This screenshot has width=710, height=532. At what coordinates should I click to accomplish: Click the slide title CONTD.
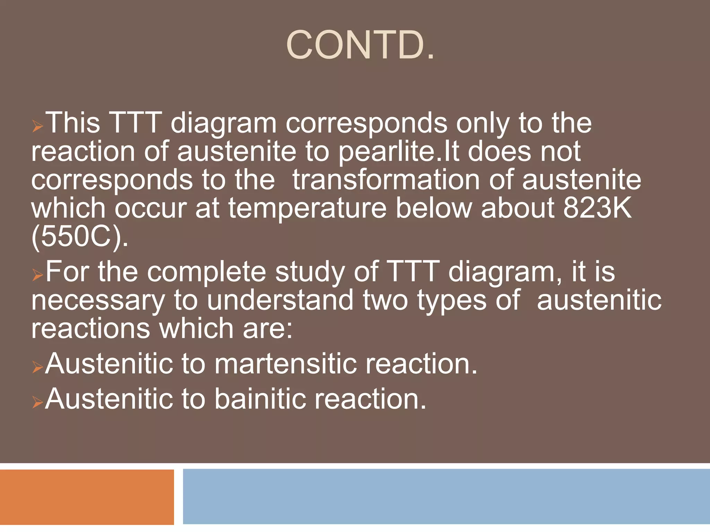360,45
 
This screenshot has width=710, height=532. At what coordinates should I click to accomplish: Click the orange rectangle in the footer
87,497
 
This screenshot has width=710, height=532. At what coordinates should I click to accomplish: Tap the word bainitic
260,399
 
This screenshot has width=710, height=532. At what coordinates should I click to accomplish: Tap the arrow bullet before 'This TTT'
37,126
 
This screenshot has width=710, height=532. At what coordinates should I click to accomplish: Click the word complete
206,272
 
